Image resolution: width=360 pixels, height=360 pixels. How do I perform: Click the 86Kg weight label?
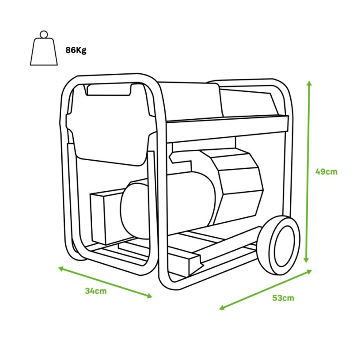click(x=76, y=50)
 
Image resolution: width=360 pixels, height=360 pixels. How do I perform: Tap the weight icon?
click(x=44, y=48)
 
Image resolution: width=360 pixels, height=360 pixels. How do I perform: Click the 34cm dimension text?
click(x=96, y=291)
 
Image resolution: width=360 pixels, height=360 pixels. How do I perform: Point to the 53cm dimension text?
click(x=283, y=298)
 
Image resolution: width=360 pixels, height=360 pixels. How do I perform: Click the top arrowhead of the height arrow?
click(x=309, y=83)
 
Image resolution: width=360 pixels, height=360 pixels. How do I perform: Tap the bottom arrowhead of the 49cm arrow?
click(x=306, y=260)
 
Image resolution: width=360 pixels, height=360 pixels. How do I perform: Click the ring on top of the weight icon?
click(x=44, y=35)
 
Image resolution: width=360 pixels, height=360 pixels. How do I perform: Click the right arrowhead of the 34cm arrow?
click(x=149, y=296)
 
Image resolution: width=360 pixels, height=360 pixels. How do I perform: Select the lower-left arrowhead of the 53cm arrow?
click(x=222, y=308)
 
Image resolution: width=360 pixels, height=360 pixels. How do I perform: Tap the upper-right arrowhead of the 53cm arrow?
click(x=309, y=272)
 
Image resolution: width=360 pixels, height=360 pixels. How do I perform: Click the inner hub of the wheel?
click(x=285, y=246)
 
